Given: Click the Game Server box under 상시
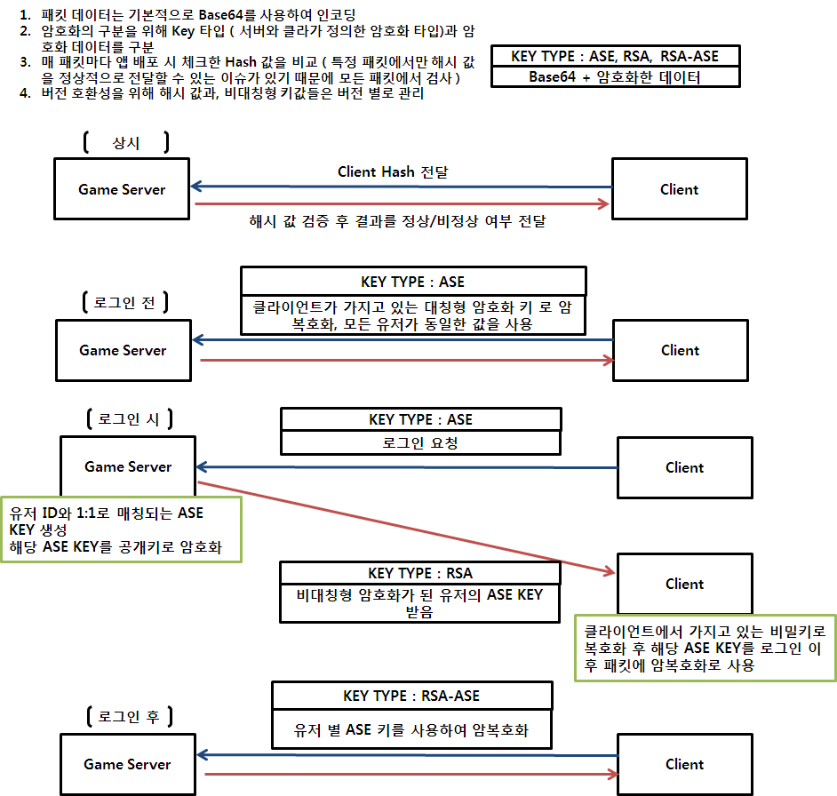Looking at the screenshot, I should click(x=122, y=189).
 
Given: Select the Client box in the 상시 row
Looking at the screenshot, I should click(x=679, y=189).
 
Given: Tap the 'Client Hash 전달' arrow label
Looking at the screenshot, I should click(x=393, y=171).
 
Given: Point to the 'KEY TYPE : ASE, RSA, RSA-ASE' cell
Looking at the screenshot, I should click(x=615, y=57).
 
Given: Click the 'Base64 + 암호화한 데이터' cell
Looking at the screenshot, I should click(x=615, y=77).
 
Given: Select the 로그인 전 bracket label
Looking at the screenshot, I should click(x=124, y=302).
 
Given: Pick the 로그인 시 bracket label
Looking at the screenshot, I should click(x=128, y=419).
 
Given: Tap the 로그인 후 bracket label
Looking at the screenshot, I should click(x=128, y=717).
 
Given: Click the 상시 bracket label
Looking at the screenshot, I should click(x=126, y=142).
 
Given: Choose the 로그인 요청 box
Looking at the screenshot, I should click(x=420, y=442).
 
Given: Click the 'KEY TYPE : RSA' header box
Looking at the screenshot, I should click(x=420, y=573).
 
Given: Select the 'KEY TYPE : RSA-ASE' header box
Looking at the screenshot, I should click(x=411, y=696).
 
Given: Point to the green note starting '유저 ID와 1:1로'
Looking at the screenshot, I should click(x=122, y=529).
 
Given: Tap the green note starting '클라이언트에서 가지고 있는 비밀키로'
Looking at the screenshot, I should click(x=705, y=648).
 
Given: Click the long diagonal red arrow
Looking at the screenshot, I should click(x=404, y=528).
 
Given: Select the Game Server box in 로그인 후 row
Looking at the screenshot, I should click(x=127, y=764).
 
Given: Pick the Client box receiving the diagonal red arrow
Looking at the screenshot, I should click(x=684, y=584).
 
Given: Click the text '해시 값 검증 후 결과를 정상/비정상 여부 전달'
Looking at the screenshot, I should click(x=398, y=221).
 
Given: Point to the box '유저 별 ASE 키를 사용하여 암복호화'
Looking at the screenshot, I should click(x=411, y=731).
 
